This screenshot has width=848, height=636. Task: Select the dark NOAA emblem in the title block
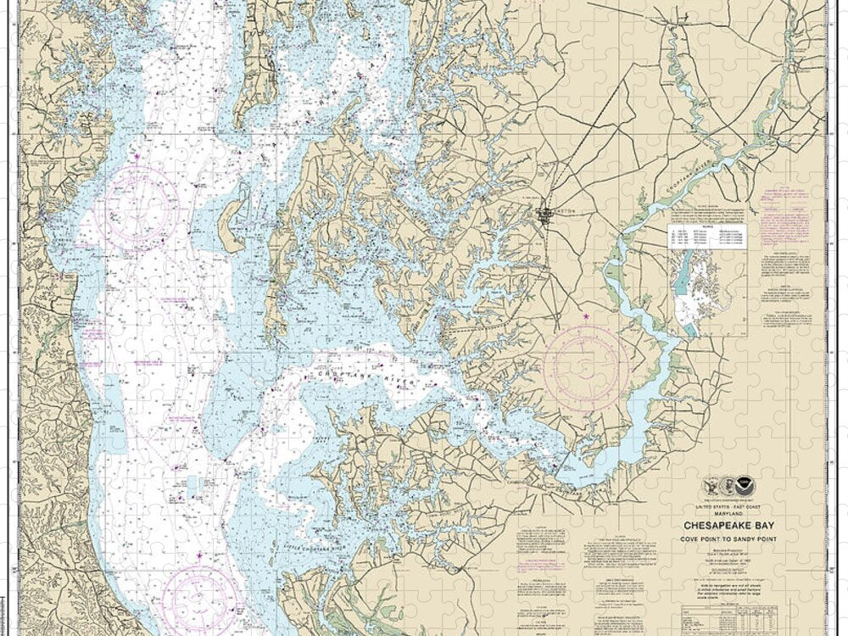[x=745, y=486]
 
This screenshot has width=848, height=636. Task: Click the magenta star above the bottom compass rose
[x=199, y=555]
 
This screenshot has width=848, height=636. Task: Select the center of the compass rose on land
[x=586, y=369]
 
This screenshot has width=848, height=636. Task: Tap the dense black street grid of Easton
[x=544, y=215]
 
